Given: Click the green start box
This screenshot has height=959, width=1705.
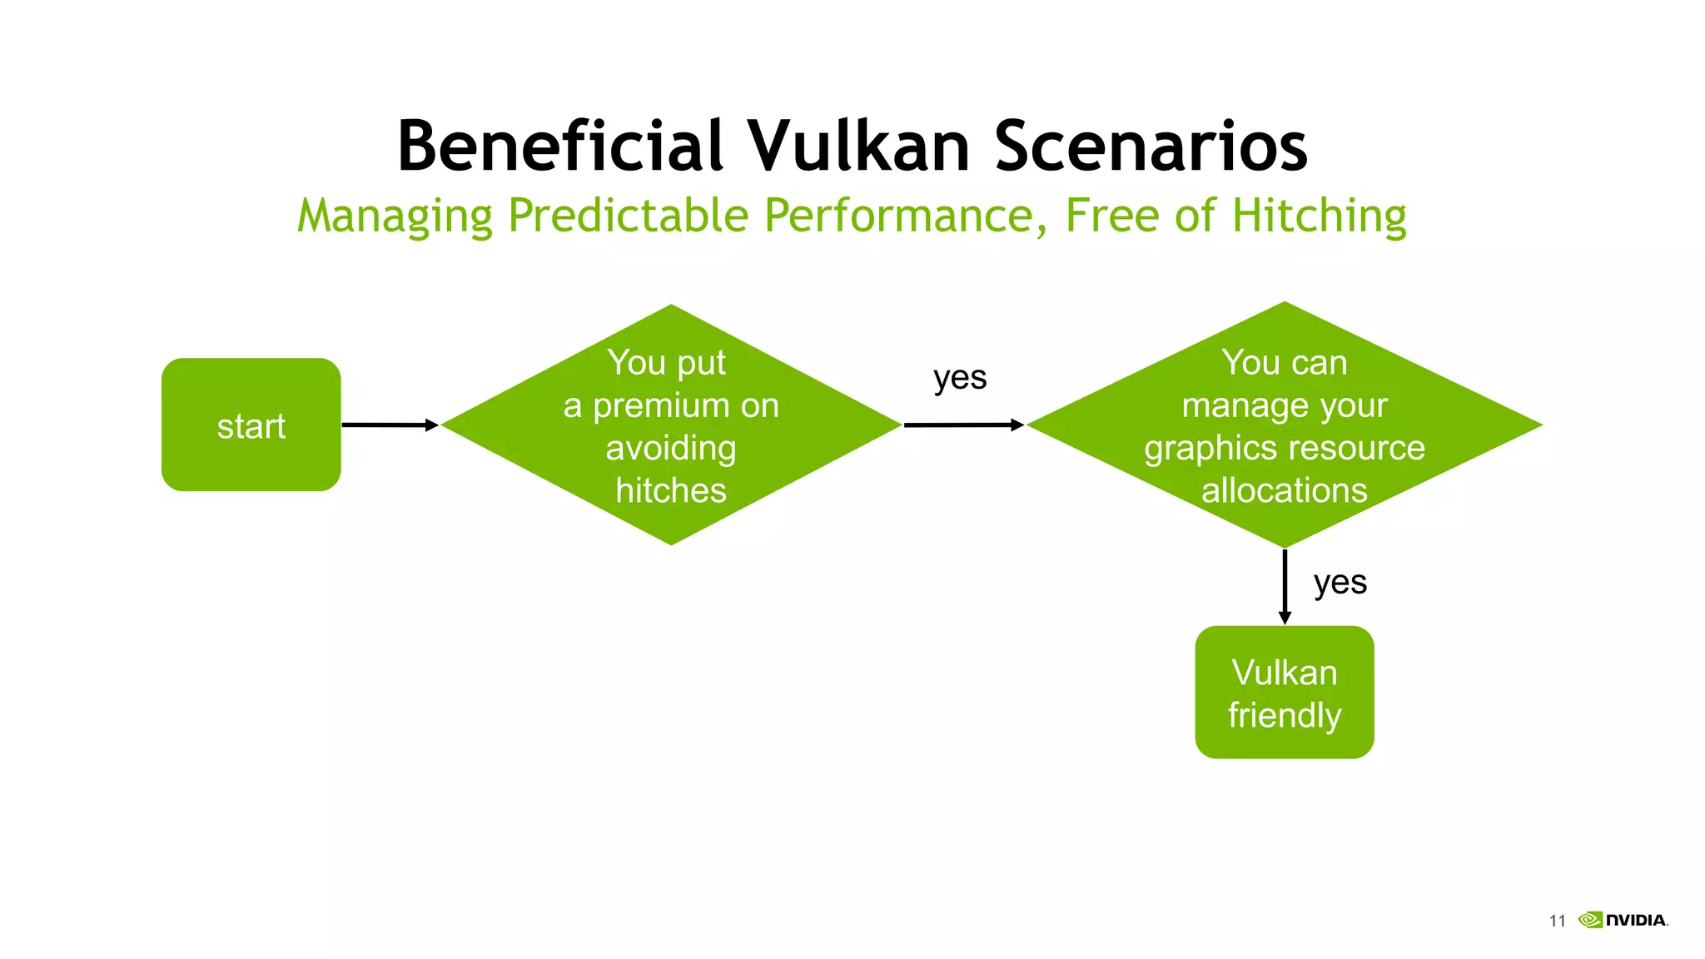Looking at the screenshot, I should point(251,425).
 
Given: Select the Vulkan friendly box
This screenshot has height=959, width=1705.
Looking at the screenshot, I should point(1284,692).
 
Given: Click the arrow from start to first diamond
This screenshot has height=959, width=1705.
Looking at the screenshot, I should point(389,425).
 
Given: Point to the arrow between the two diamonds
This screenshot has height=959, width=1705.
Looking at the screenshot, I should point(963,425).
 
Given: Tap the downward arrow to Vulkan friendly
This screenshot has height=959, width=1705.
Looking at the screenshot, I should point(1285,586).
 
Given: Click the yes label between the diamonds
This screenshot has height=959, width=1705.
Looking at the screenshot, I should point(960,378).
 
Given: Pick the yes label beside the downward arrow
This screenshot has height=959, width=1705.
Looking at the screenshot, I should point(1340,582).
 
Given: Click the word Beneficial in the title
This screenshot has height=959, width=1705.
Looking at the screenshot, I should point(559,147).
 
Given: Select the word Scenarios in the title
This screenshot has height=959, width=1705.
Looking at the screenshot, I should point(1151,147).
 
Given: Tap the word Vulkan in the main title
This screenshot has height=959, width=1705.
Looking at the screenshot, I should point(857,147).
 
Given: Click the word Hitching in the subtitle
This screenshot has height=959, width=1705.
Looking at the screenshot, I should point(1319,216).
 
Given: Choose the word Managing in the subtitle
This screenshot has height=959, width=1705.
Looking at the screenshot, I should point(395,216).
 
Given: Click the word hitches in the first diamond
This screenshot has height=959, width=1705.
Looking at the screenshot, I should point(671,490).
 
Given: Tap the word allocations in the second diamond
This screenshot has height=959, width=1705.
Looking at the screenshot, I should point(1284,490).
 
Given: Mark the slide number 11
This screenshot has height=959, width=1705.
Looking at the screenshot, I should point(1557,921).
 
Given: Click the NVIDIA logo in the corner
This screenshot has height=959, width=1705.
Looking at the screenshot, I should point(1623,920).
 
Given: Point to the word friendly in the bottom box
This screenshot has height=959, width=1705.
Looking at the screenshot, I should point(1284,716).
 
